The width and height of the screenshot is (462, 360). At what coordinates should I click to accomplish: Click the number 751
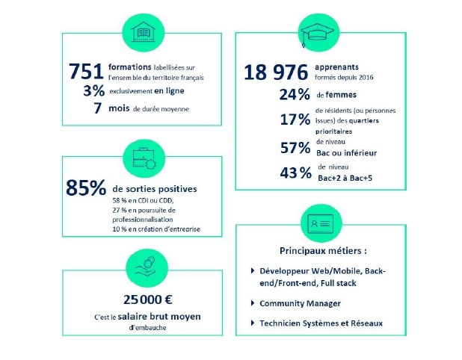[86, 71]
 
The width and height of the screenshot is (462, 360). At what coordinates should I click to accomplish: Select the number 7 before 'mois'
[97, 109]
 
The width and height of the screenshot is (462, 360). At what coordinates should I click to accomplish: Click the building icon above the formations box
[141, 32]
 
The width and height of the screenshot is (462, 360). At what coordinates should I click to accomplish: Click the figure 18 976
[276, 72]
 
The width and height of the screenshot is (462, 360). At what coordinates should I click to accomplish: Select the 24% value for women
[294, 95]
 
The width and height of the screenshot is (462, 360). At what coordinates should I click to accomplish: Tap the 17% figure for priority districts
[294, 120]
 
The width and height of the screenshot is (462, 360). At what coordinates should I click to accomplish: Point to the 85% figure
[86, 189]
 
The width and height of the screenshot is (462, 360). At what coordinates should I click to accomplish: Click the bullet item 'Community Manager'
[300, 303]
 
